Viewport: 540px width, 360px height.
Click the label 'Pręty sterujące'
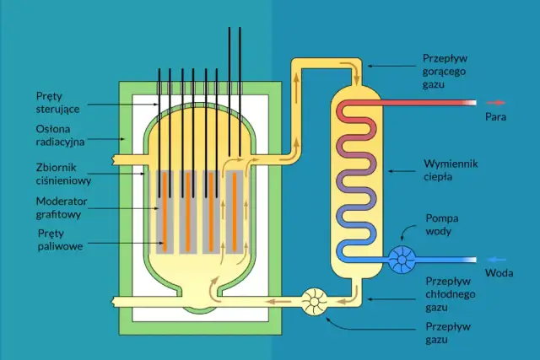pos(57,103)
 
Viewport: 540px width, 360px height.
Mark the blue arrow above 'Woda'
pos(497,258)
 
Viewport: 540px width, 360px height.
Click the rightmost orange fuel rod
pos(236,210)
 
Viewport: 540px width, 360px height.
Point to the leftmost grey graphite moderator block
pos(165,211)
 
